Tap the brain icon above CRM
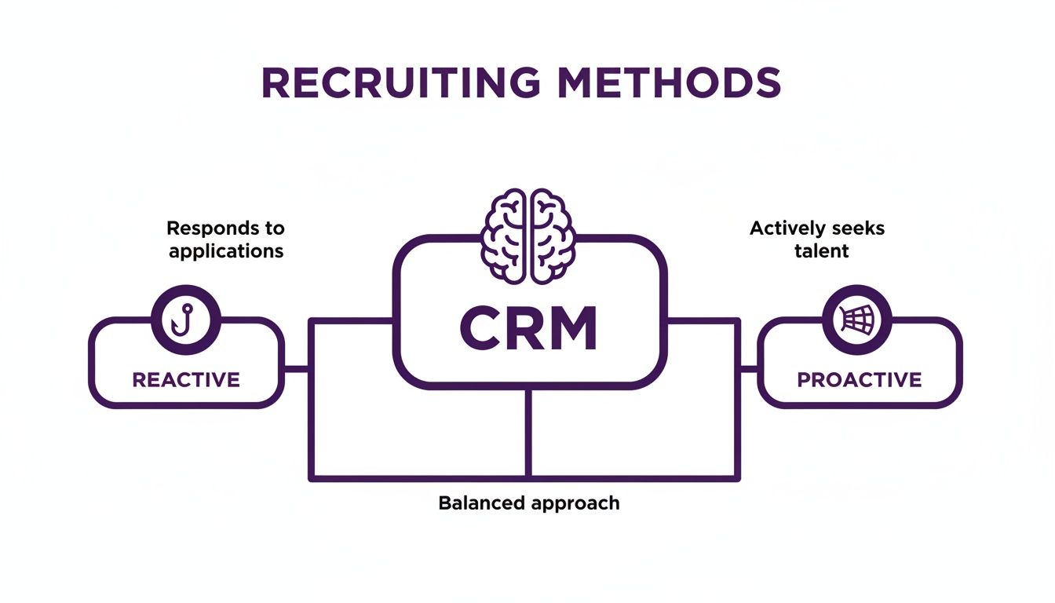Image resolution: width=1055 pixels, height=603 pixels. tap(528, 236)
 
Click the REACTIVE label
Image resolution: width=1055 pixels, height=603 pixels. tap(186, 380)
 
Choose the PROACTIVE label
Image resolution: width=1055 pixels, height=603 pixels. tap(860, 380)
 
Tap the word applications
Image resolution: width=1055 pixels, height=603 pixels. tap(225, 252)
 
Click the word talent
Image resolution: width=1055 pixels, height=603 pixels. tap(816, 251)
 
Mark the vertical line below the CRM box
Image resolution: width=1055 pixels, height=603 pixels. tap(528, 432)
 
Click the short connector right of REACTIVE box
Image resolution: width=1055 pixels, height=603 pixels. tap(296, 368)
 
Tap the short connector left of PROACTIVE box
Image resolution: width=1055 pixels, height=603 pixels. tap(748, 368)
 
